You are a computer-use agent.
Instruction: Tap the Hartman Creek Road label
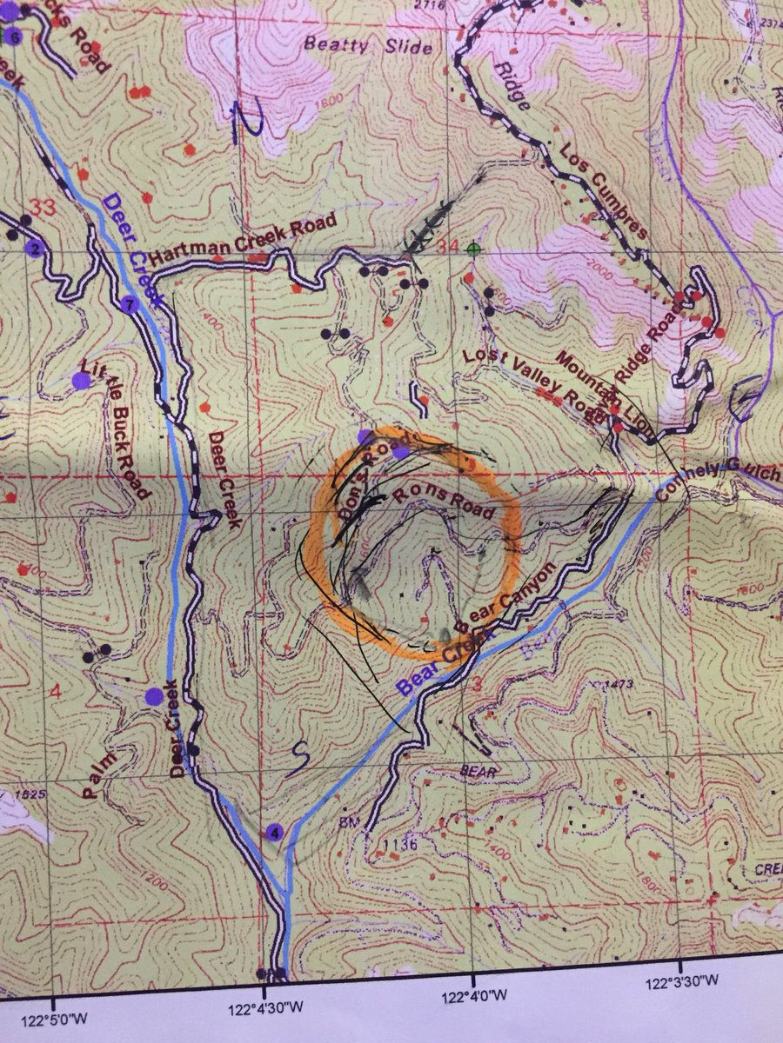242,240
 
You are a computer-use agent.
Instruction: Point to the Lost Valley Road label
525,382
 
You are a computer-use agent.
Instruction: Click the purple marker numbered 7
130,305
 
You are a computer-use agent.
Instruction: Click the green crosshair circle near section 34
473,249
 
